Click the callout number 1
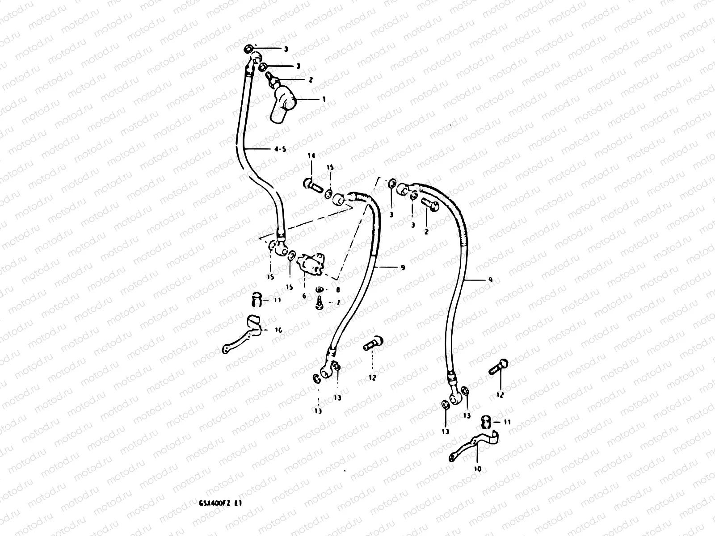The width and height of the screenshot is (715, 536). tap(324, 99)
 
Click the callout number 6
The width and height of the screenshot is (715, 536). tap(304, 296)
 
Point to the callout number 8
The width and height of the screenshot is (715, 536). tap(338, 289)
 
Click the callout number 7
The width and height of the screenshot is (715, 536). tap(338, 302)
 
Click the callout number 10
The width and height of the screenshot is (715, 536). tap(477, 469)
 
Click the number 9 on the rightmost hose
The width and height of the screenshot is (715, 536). tap(490, 280)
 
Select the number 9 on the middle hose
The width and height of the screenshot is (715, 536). tap(403, 268)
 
